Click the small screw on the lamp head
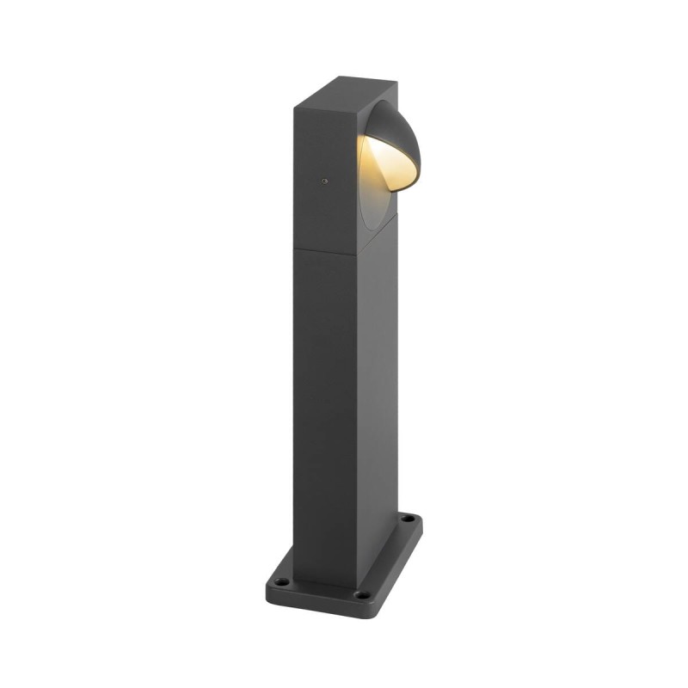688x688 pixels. (324, 181)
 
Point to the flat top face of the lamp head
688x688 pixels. (344, 93)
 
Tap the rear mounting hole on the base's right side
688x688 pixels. (409, 519)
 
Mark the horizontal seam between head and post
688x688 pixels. (325, 250)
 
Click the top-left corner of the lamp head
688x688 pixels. (294, 108)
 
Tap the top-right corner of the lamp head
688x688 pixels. (396, 84)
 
